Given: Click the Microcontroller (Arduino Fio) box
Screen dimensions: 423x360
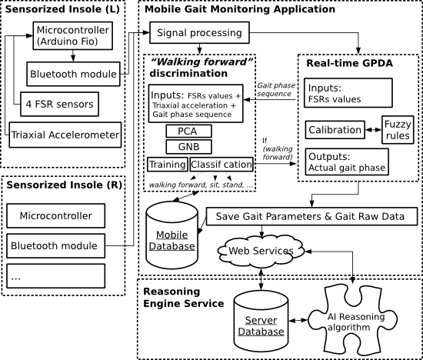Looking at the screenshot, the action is (x=72, y=35).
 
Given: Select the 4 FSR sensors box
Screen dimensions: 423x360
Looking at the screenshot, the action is (x=59, y=104).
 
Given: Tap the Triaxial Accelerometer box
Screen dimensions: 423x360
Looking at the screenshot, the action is (x=65, y=135).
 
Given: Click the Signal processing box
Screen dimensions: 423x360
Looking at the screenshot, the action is (x=199, y=32).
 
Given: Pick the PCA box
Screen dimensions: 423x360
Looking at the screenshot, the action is (x=188, y=132).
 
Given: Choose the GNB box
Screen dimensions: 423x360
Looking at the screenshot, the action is (x=188, y=146).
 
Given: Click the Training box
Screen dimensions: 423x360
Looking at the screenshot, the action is (x=168, y=165).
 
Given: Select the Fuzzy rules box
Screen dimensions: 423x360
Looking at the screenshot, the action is (x=398, y=130).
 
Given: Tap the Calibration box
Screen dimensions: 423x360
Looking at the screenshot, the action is (x=335, y=130).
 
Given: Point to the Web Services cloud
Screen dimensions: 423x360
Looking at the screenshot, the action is (x=261, y=251).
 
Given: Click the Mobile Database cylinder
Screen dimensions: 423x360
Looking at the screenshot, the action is (x=172, y=235).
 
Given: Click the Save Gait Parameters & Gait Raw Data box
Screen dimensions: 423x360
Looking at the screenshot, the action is (x=311, y=216).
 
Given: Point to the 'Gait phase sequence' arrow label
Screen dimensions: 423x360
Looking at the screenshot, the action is (x=275, y=89).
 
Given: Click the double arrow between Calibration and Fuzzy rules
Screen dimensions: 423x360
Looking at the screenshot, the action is (x=373, y=130).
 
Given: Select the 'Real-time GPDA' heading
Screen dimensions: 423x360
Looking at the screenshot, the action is (x=349, y=63).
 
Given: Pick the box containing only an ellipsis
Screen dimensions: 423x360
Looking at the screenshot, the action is (x=55, y=276).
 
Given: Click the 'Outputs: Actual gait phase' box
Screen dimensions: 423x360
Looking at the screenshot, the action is (x=347, y=162).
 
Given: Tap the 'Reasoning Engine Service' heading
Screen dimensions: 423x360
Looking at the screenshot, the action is (x=184, y=298).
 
